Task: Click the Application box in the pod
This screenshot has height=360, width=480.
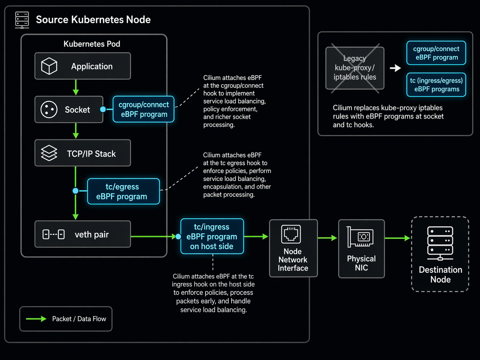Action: pyautogui.click(x=83, y=66)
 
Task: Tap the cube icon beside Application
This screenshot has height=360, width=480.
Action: pyautogui.click(x=49, y=66)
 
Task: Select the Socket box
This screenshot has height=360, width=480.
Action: pyautogui.click(x=69, y=109)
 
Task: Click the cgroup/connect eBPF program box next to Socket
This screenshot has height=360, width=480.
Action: pyautogui.click(x=144, y=109)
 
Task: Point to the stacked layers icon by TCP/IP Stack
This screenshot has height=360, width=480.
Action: pyautogui.click(x=49, y=153)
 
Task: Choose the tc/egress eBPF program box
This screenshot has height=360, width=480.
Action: pyautogui.click(x=123, y=191)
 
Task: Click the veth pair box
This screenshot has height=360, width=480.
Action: pyautogui.click(x=83, y=234)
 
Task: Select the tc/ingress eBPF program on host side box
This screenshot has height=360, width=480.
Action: pyautogui.click(x=212, y=236)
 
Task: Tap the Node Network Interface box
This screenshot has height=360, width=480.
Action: pyautogui.click(x=293, y=248)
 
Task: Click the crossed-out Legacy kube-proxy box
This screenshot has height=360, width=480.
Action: pyautogui.click(x=355, y=68)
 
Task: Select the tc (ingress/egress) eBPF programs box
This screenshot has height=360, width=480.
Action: pyautogui.click(x=436, y=85)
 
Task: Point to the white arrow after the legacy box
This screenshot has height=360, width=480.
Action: pyautogui.click(x=395, y=68)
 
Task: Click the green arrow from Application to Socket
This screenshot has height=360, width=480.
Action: pyautogui.click(x=76, y=87)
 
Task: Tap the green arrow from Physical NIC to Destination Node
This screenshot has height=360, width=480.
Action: pyautogui.click(x=397, y=238)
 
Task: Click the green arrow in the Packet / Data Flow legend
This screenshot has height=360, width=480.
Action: pyautogui.click(x=36, y=319)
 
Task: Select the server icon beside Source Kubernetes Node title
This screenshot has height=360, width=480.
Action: pyautogui.click(x=22, y=20)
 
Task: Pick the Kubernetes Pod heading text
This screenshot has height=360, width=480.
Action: pyautogui.click(x=92, y=44)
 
